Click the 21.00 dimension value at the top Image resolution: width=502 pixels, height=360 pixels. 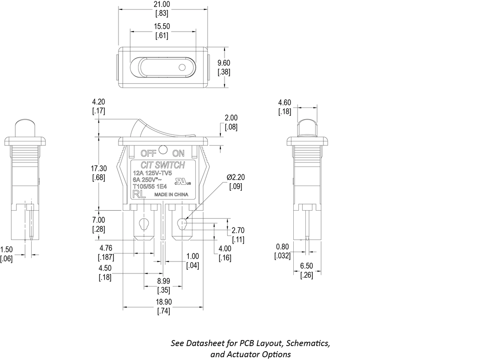click(162, 4)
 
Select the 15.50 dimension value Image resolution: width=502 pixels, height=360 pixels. click(162, 27)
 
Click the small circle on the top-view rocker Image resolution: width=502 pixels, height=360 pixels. click(182, 68)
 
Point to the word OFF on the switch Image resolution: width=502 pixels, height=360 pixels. click(148, 153)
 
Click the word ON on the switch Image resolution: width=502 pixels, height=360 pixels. click(178, 153)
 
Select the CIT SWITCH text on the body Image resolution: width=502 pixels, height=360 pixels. click(163, 165)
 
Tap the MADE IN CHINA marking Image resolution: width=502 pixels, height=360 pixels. click(171, 195)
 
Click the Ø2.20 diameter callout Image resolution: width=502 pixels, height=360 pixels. click(236, 178)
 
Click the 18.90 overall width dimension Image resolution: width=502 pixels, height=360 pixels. click(163, 302)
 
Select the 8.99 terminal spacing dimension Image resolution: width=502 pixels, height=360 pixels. click(163, 281)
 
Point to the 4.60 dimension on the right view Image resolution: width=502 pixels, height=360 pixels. click(284, 103)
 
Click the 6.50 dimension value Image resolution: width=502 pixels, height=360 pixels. click(307, 266)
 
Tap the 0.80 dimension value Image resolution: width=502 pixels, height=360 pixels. click(283, 247)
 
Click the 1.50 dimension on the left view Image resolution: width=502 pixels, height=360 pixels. click(6, 250)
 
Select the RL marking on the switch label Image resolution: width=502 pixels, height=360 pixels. click(139, 194)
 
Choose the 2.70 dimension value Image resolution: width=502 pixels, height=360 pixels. click(238, 230)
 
